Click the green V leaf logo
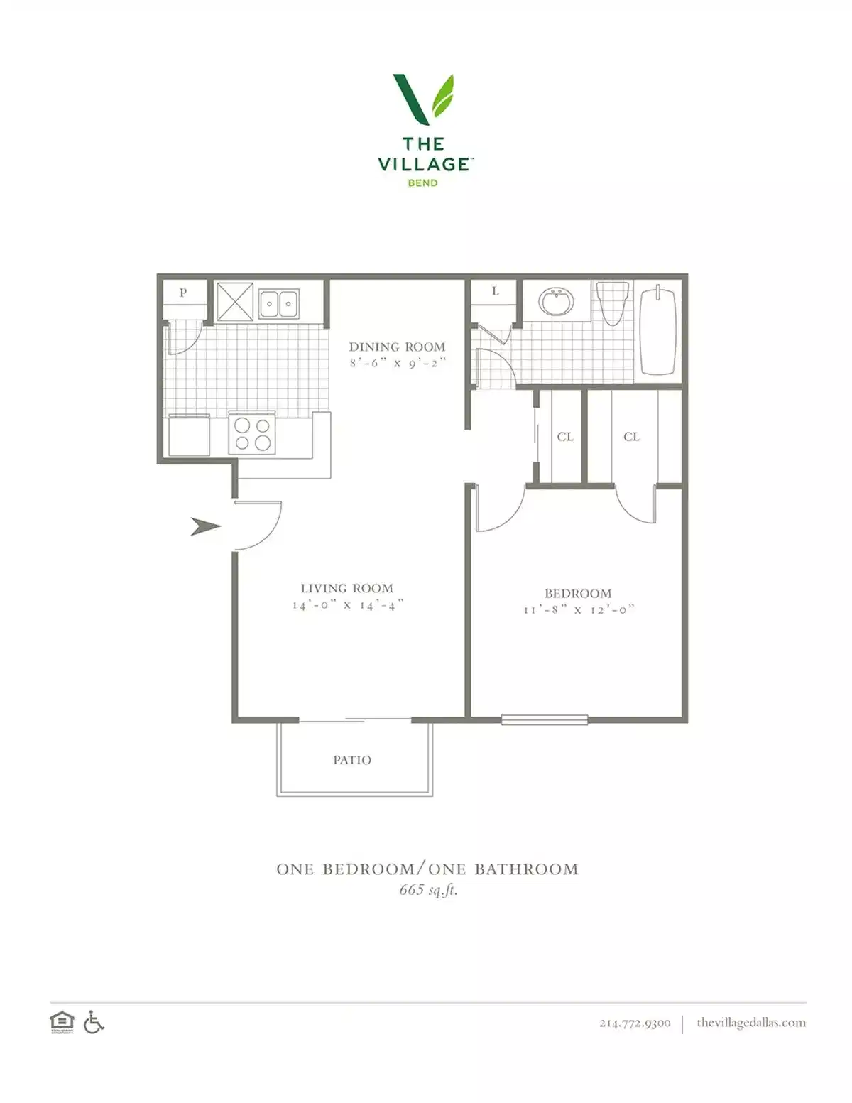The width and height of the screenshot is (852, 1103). coord(424,98)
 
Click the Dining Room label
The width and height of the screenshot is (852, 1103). coord(397,347)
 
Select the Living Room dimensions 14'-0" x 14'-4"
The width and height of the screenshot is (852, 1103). coord(348,605)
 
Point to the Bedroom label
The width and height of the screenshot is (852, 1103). coord(578,594)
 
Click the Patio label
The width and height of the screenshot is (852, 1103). coord(352,760)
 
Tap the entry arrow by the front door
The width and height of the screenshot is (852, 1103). coord(205,527)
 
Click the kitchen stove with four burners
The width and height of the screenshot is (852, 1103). coord(253,433)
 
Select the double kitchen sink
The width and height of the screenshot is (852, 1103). coord(278,304)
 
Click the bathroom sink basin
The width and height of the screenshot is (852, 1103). coord(557,301)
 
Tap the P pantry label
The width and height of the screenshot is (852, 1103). coord(183,292)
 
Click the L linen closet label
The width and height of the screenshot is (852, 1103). coord(495,291)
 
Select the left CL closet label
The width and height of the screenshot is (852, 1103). coord(565,437)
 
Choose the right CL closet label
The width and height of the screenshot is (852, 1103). coord(631,437)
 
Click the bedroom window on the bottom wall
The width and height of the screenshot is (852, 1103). coord(545,719)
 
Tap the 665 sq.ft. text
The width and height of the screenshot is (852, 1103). coord(428,889)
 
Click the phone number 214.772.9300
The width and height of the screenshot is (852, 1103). coord(635,1023)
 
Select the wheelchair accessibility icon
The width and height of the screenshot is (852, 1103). coord(94,1023)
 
